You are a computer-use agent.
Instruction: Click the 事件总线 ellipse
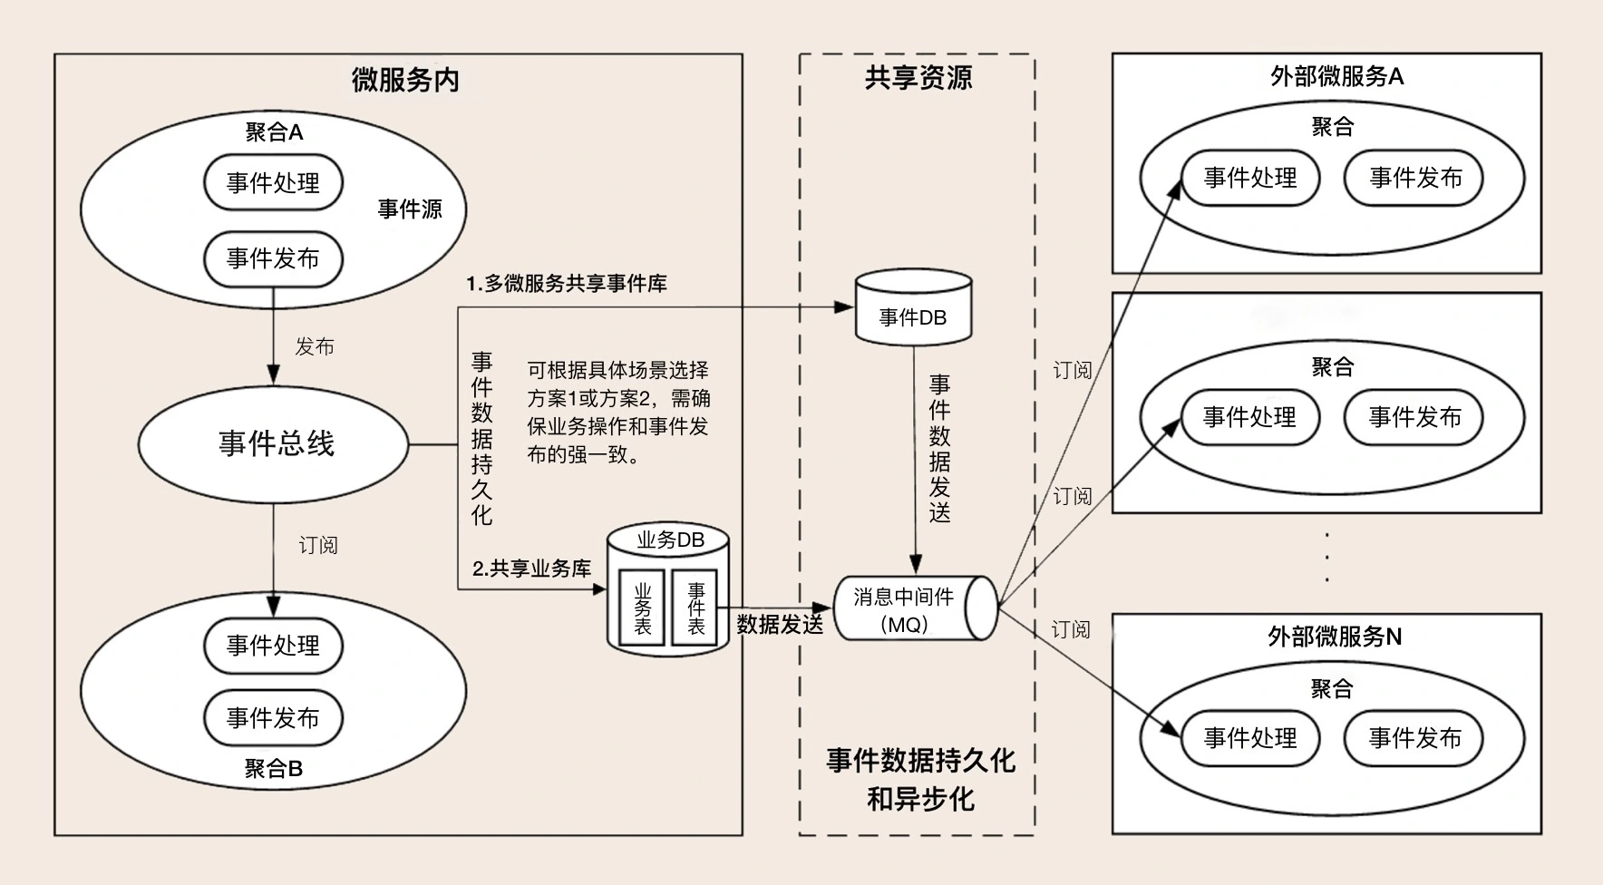[x=273, y=443]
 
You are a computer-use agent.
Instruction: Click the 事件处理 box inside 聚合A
[x=273, y=183]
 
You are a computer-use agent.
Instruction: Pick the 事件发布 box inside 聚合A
[x=273, y=258]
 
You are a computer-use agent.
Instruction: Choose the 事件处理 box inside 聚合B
[x=273, y=646]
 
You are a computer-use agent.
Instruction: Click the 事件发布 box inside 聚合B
[x=273, y=718]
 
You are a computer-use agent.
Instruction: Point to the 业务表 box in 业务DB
[x=642, y=608]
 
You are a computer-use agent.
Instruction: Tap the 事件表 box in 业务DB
[x=695, y=608]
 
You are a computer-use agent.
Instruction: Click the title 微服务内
[x=404, y=81]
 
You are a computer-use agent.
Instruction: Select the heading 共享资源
[x=918, y=78]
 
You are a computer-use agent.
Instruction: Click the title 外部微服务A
[x=1336, y=77]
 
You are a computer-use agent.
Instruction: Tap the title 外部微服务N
[x=1334, y=637]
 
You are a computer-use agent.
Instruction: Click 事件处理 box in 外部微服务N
[x=1250, y=738]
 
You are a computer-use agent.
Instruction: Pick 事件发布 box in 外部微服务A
[x=1414, y=179]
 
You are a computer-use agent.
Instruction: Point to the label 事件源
[x=410, y=209]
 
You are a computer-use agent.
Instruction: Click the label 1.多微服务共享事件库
[x=567, y=284]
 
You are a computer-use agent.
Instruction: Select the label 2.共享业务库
[x=531, y=569]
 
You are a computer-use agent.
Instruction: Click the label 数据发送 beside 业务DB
[x=780, y=624]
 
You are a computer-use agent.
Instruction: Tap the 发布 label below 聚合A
[x=315, y=346]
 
